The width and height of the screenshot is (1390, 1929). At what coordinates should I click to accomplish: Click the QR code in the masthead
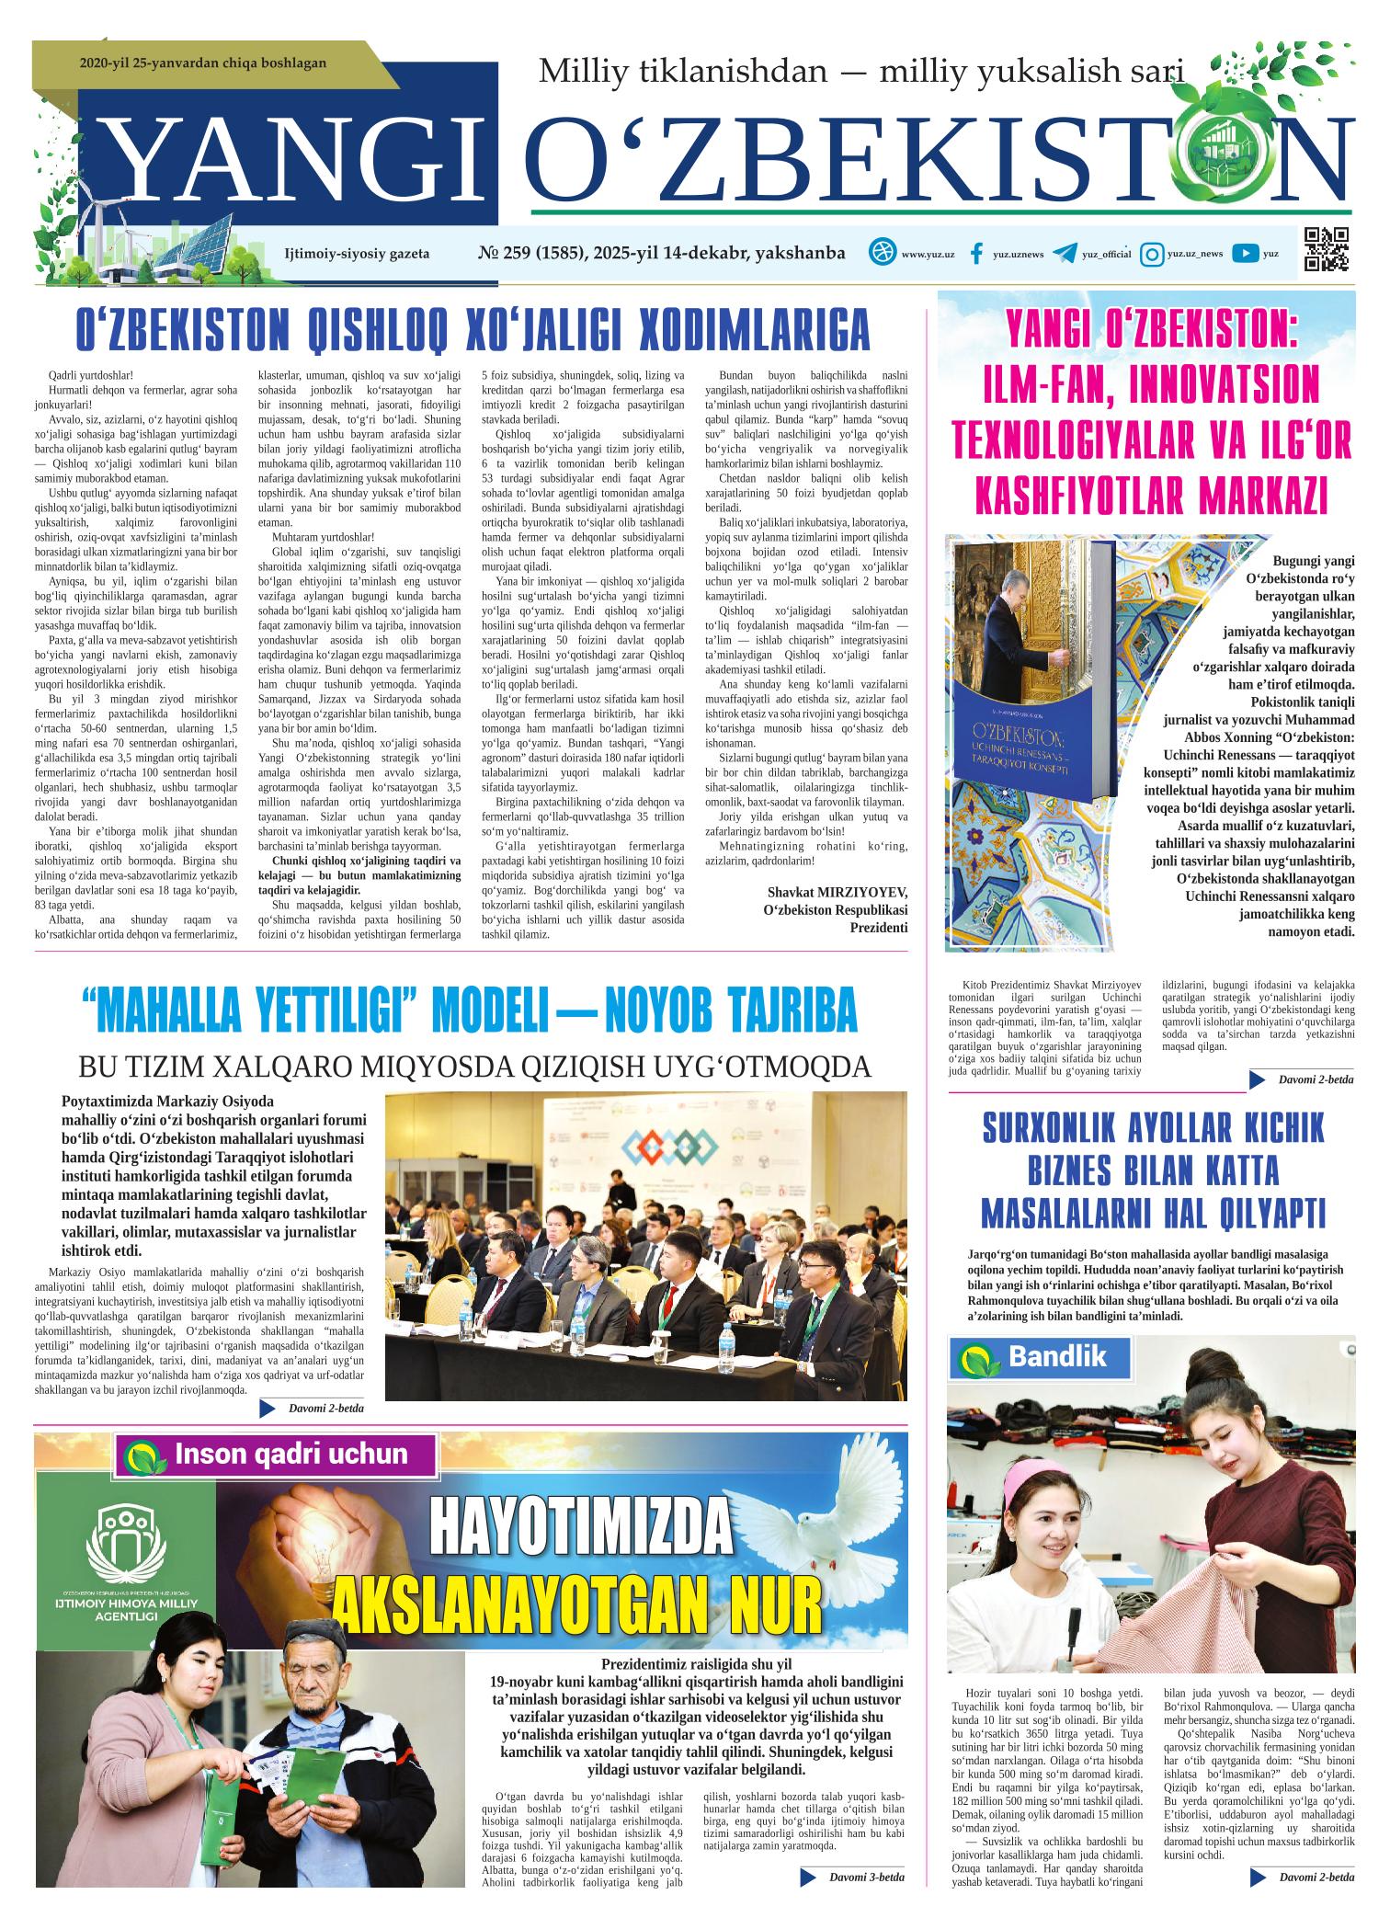tap(1327, 249)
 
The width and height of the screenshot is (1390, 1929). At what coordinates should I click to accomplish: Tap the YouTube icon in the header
tap(1245, 254)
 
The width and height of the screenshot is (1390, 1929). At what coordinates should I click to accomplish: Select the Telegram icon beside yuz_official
tap(1065, 254)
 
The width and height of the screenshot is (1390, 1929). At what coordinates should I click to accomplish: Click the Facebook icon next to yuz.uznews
tap(976, 254)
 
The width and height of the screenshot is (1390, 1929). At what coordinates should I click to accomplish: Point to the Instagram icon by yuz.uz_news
tap(1151, 254)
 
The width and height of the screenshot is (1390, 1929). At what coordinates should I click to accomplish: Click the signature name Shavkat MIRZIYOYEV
tap(837, 893)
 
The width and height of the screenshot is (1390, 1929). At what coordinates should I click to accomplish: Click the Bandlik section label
tap(1056, 1356)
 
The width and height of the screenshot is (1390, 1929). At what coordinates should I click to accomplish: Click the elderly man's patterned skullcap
tap(313, 1642)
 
